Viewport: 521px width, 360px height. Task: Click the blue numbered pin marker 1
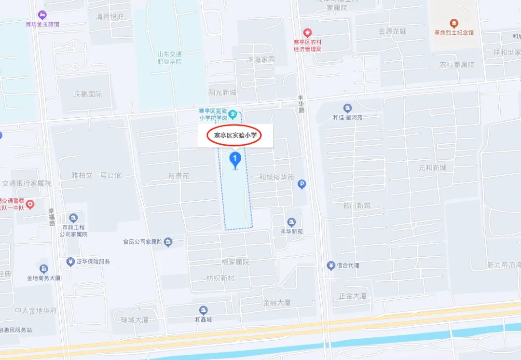tap(235, 159)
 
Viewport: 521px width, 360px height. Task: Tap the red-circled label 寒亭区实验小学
tap(234, 136)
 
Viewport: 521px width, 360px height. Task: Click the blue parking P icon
tap(302, 184)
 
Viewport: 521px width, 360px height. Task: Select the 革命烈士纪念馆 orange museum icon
tap(453, 23)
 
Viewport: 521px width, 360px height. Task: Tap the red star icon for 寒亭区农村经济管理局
tap(307, 32)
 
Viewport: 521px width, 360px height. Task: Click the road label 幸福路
tap(52, 217)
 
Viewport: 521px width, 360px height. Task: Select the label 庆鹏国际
tap(88, 95)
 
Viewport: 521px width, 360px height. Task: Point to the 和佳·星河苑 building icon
tap(347, 108)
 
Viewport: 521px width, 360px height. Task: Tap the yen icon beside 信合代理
tap(331, 265)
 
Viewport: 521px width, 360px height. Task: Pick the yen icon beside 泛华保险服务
tap(70, 262)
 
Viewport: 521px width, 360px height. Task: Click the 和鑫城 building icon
tap(204, 310)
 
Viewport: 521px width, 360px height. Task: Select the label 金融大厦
tap(277, 303)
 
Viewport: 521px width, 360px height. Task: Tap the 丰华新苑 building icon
tap(291, 222)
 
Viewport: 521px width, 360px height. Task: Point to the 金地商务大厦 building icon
tap(44, 268)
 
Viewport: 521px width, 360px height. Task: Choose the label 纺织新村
tap(220, 278)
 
